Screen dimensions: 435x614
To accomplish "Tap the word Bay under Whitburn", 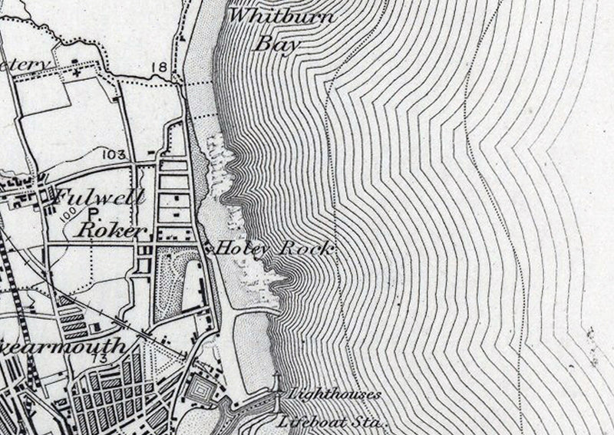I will point(276,44).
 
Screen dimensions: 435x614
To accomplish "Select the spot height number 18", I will point(159,68).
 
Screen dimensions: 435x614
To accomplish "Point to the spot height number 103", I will point(112,155).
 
